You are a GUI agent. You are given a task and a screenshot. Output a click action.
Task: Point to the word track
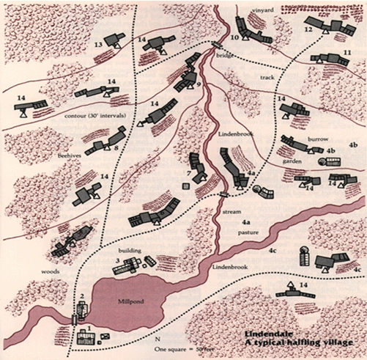[x=268, y=77]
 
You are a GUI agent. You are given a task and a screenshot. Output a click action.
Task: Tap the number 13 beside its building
[x=99, y=45]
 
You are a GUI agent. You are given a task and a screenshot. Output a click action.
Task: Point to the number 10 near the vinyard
[x=234, y=37]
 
